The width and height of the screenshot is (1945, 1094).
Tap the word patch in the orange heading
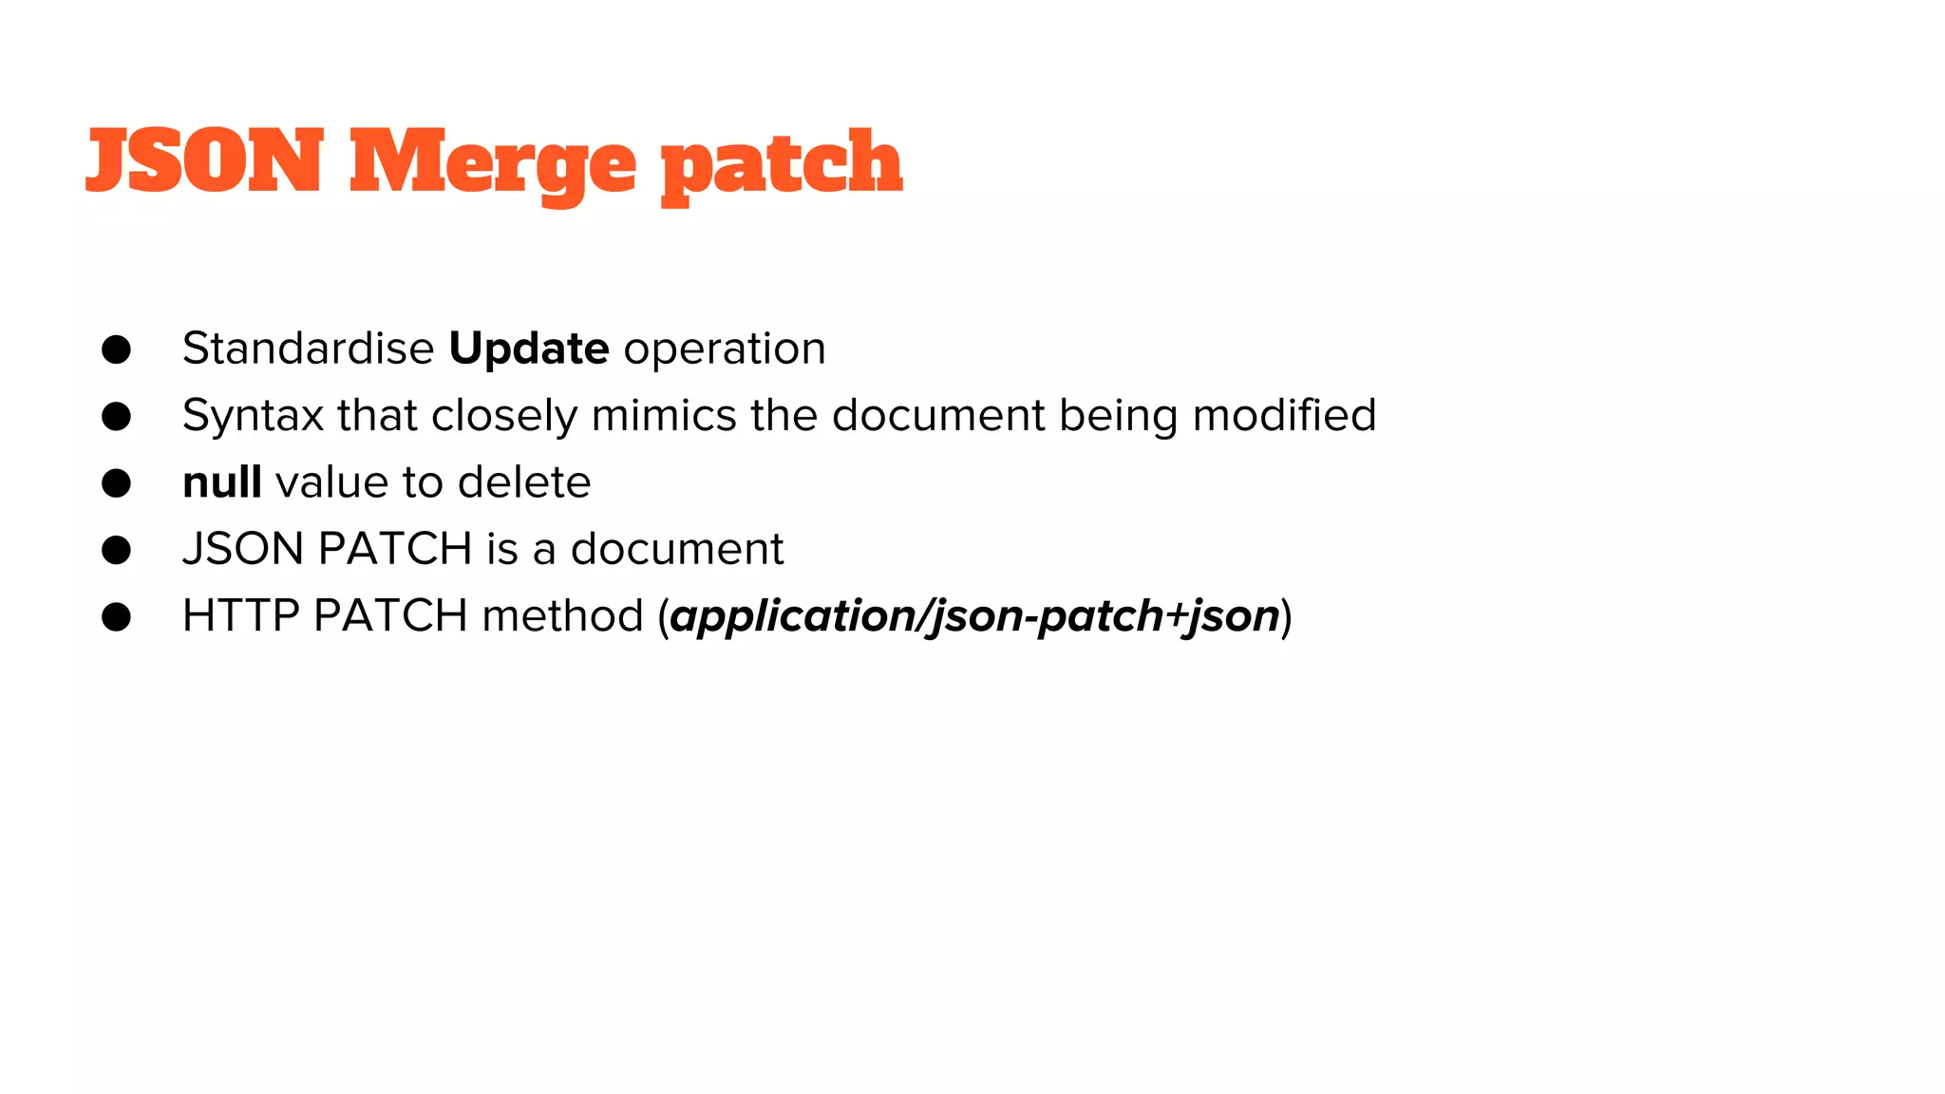pos(781,165)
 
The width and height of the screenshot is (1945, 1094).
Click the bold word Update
pos(529,349)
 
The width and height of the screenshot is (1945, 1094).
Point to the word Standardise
pos(308,349)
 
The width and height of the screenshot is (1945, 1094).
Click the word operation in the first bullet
pos(725,349)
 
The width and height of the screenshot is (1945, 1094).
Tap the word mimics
pos(664,415)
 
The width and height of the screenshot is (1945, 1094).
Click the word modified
pos(1284,415)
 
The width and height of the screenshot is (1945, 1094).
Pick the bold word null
pos(222,482)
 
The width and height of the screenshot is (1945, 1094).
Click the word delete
pos(524,482)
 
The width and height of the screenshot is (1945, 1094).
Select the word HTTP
pos(241,615)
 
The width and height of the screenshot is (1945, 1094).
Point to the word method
pos(563,615)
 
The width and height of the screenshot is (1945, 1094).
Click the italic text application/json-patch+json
pos(974,616)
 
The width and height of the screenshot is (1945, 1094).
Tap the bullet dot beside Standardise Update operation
pos(116,349)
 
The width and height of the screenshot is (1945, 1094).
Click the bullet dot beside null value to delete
pos(116,483)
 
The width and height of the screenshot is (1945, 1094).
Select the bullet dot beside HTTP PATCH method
pos(116,617)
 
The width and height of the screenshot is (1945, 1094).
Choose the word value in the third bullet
pos(331,482)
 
